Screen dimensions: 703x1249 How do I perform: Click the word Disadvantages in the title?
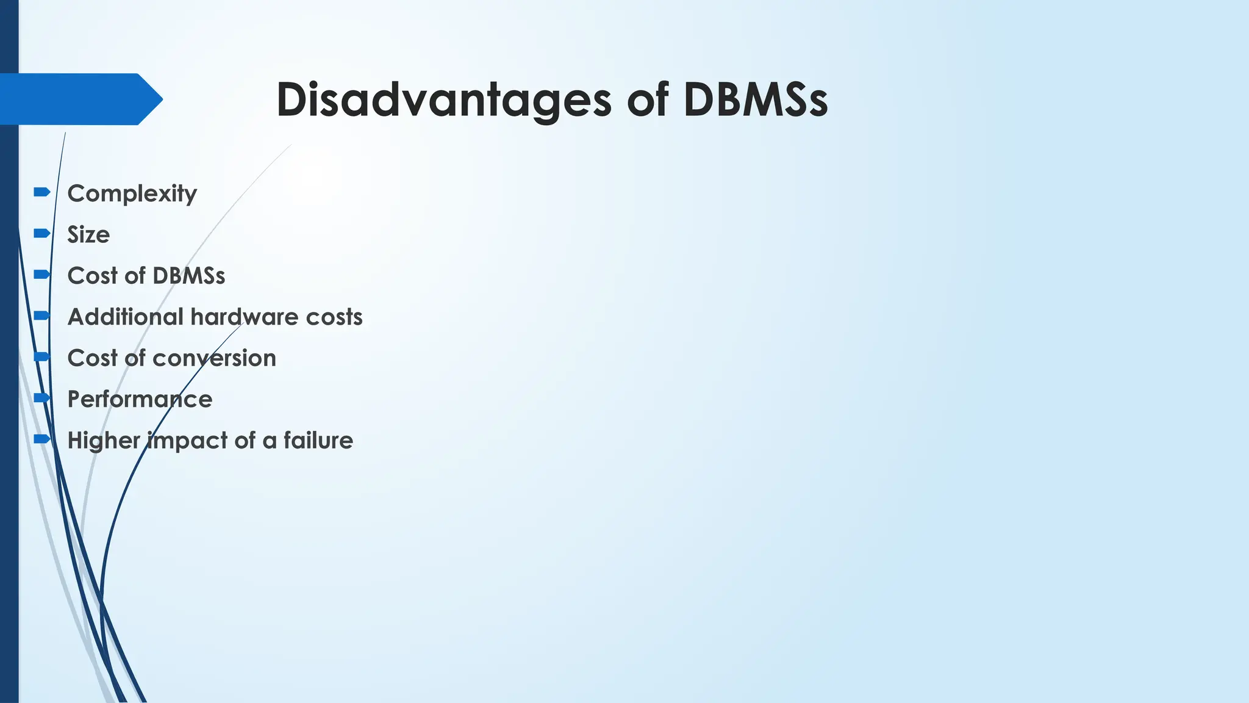443,99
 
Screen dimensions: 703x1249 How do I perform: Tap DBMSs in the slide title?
756,99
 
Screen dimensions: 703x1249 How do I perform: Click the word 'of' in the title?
648,99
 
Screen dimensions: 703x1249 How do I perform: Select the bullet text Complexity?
132,193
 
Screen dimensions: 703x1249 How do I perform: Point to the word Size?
88,235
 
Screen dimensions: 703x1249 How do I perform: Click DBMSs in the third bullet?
189,276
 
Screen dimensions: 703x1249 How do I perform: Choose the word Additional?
126,317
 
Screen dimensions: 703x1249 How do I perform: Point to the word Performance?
140,399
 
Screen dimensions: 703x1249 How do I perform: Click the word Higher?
104,441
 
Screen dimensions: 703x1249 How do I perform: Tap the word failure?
318,440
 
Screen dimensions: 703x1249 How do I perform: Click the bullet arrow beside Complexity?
42,192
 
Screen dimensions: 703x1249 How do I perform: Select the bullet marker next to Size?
42,233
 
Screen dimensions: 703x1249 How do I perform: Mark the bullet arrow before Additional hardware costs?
42,315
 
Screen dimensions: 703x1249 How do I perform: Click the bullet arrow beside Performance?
42,398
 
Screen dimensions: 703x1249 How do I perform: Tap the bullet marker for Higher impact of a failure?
42,439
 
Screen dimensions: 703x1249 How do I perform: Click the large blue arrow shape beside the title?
79,99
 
